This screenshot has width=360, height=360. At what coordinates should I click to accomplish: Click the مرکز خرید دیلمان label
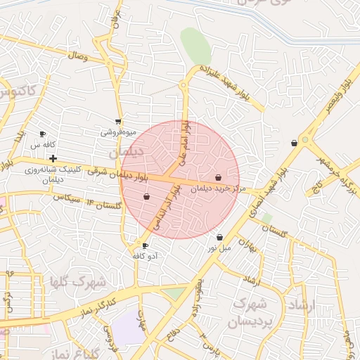219,188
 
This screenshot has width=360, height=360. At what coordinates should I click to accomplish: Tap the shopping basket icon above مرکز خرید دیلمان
219,177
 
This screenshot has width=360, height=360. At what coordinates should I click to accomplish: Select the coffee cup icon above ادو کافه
146,245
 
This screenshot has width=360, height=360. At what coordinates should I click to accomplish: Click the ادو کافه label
146,256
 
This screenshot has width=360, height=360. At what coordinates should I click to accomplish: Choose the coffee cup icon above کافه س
42,134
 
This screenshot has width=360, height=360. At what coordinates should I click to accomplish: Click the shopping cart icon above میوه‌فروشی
117,121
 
